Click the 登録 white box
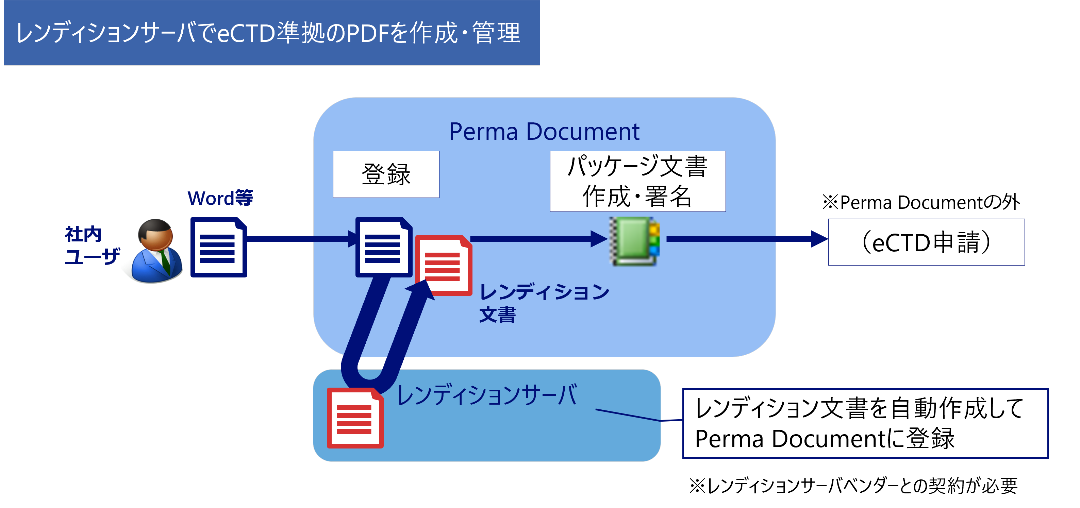point(386,174)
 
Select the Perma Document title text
point(544,132)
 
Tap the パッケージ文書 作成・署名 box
point(637,181)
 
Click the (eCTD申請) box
point(926,242)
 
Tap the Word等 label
point(220,198)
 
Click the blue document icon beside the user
point(218,247)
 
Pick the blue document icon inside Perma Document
point(382,247)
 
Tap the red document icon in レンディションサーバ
point(355,418)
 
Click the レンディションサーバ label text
point(486,395)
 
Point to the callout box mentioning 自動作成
point(864,423)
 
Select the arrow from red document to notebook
point(537,239)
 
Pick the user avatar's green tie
point(165,261)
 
